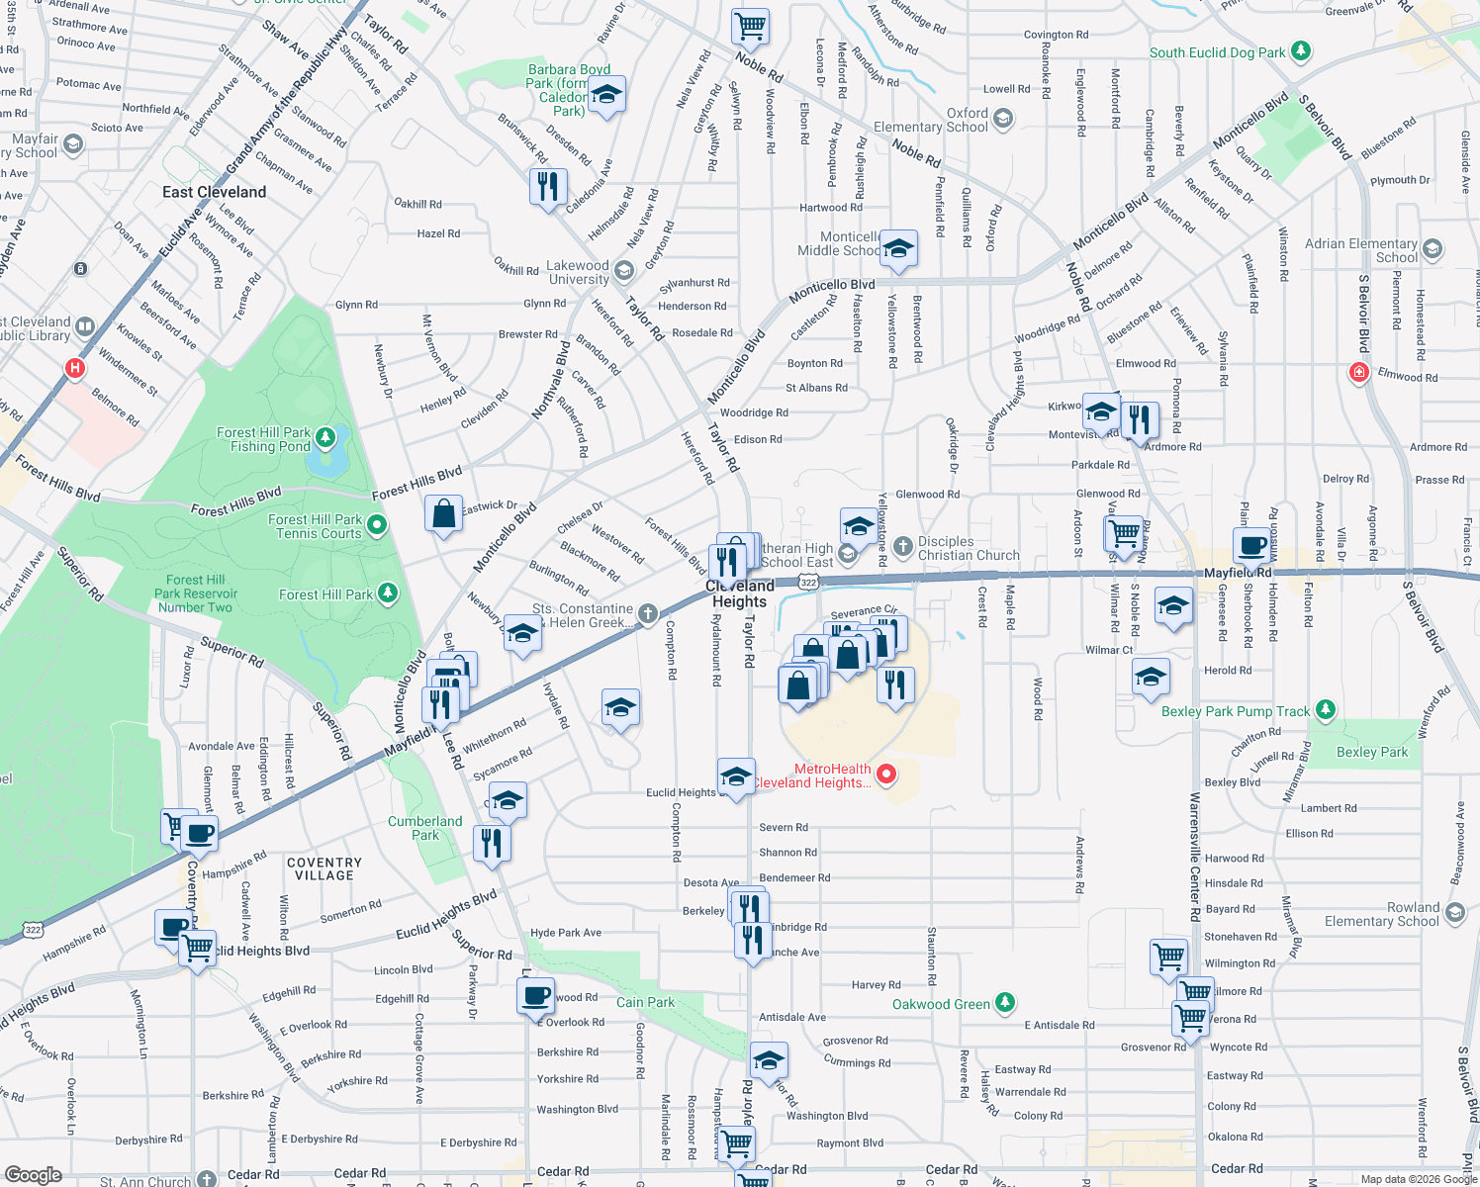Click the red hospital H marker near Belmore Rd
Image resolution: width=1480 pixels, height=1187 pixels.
(74, 369)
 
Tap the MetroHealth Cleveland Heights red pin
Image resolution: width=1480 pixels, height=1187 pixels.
(886, 775)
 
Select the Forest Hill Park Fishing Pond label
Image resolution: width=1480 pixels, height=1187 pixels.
(263, 439)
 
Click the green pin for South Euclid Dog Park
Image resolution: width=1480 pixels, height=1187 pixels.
(1301, 50)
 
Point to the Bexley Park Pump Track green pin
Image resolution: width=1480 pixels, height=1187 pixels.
(1326, 710)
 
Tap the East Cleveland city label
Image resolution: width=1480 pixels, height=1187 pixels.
(214, 192)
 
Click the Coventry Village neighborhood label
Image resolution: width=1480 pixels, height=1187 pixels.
(324, 868)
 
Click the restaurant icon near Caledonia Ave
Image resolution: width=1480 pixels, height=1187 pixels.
(547, 186)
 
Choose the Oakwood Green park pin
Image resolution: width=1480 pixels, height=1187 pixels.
(1005, 1003)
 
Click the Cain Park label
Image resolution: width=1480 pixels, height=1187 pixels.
(645, 1002)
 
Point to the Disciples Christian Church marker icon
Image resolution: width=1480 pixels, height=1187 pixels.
(902, 546)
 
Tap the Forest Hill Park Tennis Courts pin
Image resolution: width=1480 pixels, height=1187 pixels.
(377, 524)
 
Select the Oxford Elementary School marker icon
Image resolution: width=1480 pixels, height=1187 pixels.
(1003, 120)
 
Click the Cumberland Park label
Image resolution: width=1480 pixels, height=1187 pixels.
(424, 828)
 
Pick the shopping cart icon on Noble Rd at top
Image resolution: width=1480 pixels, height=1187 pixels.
(751, 26)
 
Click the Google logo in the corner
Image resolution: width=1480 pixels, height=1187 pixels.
(34, 1174)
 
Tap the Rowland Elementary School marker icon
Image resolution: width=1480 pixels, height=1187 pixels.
(1454, 912)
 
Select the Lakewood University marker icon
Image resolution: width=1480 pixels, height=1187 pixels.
(623, 270)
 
